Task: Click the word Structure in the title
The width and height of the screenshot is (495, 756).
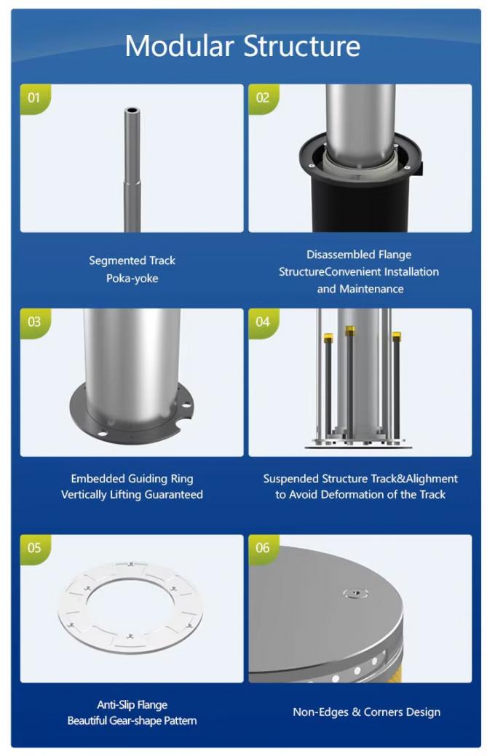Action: (x=301, y=47)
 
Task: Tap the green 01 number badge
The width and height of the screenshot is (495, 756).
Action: (x=34, y=98)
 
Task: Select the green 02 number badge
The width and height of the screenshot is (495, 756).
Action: (x=263, y=98)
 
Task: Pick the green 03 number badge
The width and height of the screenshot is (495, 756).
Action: (x=34, y=322)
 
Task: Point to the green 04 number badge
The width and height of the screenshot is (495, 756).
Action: (x=263, y=322)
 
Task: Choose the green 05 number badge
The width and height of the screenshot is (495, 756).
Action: (x=34, y=548)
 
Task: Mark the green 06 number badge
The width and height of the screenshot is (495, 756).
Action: (x=263, y=548)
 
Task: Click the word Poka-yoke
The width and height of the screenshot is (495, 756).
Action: (x=132, y=279)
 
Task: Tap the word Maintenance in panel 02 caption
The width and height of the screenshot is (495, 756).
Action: (x=371, y=289)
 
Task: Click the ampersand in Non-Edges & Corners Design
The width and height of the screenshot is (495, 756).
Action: (x=356, y=712)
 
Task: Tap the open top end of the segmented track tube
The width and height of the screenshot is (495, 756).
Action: (x=132, y=111)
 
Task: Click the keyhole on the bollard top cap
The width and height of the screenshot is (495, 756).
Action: (x=355, y=593)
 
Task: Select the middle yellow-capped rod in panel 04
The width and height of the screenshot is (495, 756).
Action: (x=350, y=383)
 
